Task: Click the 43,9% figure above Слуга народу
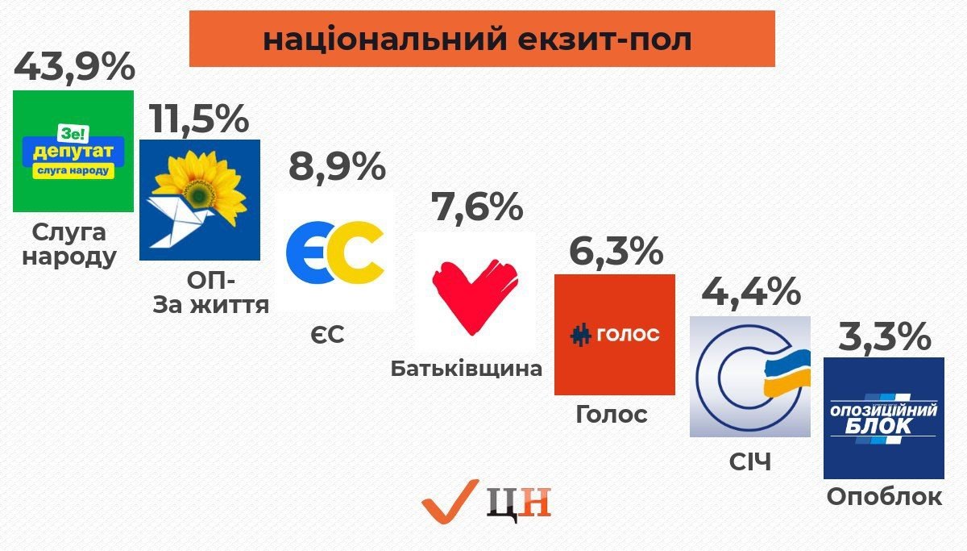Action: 74,66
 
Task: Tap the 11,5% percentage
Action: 199,119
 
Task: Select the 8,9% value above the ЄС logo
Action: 337,165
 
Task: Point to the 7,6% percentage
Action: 477,207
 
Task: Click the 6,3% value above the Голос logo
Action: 616,251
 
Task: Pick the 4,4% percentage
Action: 751,292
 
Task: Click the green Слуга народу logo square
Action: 73,151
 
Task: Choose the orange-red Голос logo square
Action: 615,335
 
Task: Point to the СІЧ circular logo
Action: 750,377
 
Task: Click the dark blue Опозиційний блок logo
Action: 884,418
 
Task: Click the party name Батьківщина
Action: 467,369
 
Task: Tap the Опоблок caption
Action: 884,497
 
